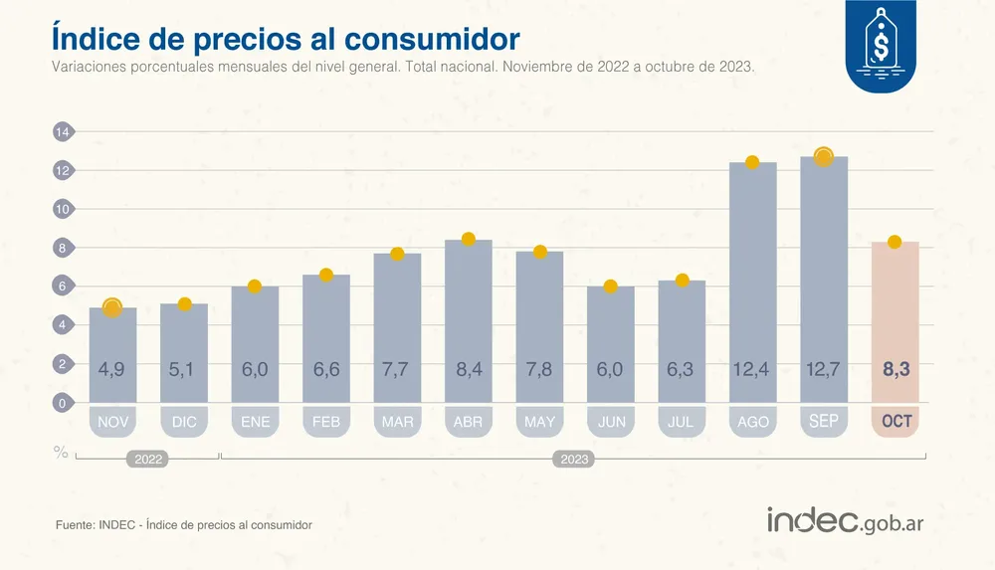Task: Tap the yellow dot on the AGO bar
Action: click(752, 162)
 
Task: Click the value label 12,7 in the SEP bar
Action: click(823, 369)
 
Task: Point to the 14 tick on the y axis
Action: click(62, 132)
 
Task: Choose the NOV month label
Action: click(112, 422)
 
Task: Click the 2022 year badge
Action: click(146, 460)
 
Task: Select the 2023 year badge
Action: click(574, 460)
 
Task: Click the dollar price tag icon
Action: click(881, 45)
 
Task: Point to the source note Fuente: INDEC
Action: click(184, 524)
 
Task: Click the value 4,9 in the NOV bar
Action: click(112, 369)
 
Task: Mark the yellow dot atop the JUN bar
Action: click(610, 286)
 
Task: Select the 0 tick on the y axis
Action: click(62, 403)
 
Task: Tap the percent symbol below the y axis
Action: click(61, 453)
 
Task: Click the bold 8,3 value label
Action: click(895, 369)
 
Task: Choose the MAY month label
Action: click(539, 422)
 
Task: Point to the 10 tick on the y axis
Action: click(62, 209)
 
